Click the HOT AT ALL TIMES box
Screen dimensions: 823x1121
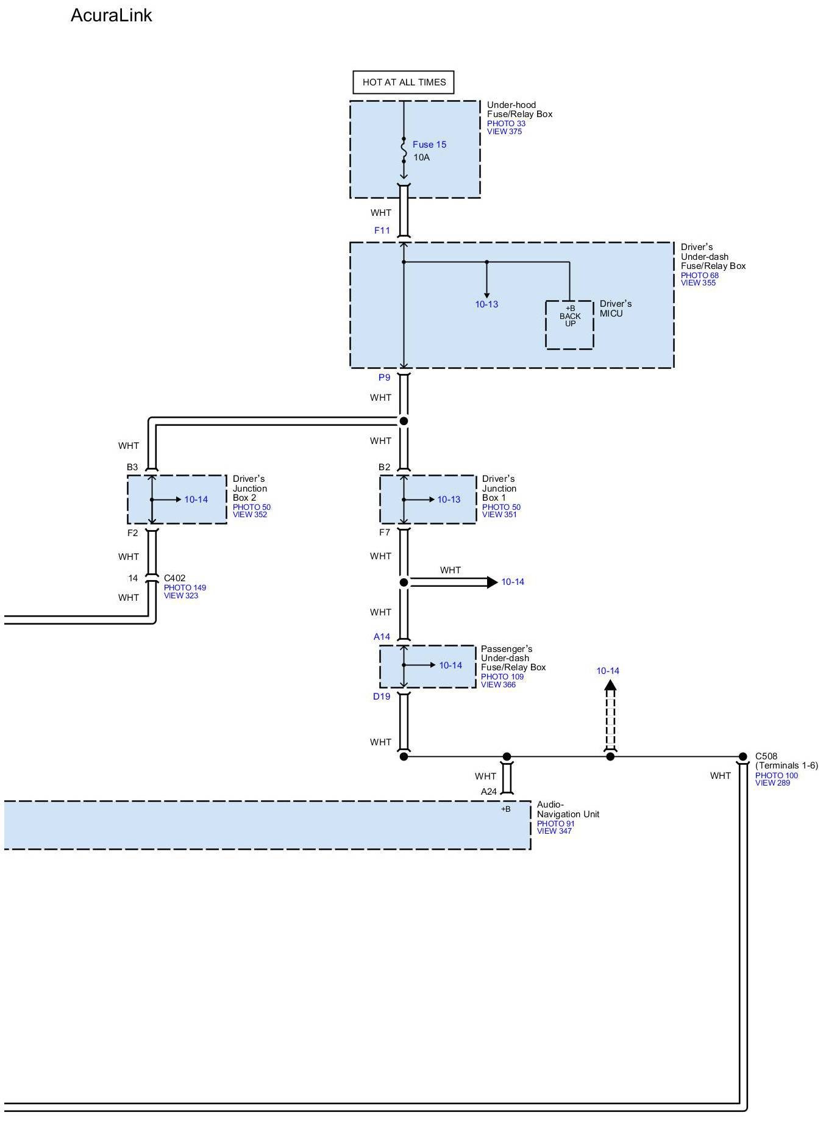pyautogui.click(x=404, y=82)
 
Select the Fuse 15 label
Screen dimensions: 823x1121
pyautogui.click(x=429, y=145)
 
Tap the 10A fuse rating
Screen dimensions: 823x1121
pyautogui.click(x=421, y=157)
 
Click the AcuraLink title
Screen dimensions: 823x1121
pyautogui.click(x=111, y=15)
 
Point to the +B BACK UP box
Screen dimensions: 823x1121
pyautogui.click(x=569, y=324)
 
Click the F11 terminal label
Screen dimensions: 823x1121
pyautogui.click(x=382, y=231)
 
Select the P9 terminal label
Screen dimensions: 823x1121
pyautogui.click(x=384, y=378)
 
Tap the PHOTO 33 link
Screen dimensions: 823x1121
pyautogui.click(x=506, y=123)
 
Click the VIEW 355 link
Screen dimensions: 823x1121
pyautogui.click(x=699, y=282)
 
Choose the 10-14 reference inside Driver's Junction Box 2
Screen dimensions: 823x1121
pyautogui.click(x=196, y=500)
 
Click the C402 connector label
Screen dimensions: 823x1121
pyautogui.click(x=175, y=578)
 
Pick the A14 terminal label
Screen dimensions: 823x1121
pyautogui.click(x=382, y=637)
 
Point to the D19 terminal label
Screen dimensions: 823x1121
pyautogui.click(x=382, y=697)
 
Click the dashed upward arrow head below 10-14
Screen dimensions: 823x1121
pyautogui.click(x=610, y=685)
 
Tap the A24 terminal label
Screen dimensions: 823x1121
pyautogui.click(x=489, y=792)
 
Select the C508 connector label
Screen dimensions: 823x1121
pyautogui.click(x=766, y=756)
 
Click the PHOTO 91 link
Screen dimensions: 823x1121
pyautogui.click(x=556, y=823)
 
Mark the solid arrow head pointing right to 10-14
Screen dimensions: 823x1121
pyautogui.click(x=493, y=582)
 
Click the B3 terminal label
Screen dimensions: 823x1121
pyautogui.click(x=132, y=467)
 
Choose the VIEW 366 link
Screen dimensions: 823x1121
pyautogui.click(x=498, y=684)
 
